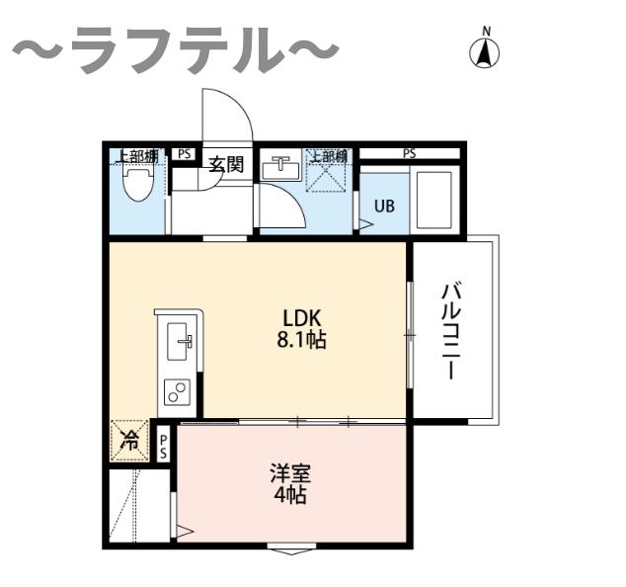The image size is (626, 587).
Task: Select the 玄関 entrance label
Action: point(226,163)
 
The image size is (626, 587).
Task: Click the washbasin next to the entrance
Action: point(281,167)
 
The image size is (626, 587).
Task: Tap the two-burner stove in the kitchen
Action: point(178,392)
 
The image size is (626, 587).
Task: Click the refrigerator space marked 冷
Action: point(129,442)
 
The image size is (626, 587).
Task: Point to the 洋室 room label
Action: point(289,471)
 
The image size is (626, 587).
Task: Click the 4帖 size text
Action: point(289,494)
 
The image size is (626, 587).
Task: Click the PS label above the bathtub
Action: point(409,153)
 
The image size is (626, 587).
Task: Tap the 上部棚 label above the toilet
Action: point(135,155)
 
